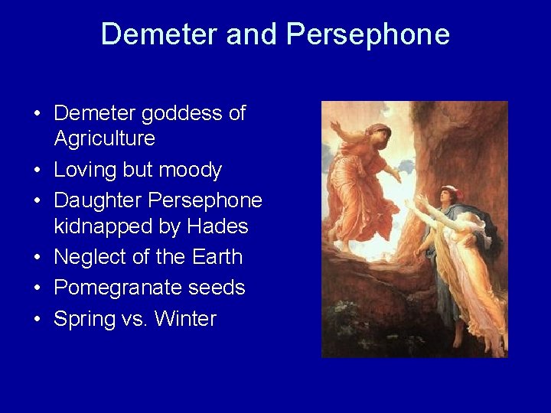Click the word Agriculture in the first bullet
point(104,138)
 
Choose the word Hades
point(217,226)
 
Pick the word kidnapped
point(104,226)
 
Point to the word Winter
point(185,319)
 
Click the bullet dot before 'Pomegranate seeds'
point(37,288)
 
